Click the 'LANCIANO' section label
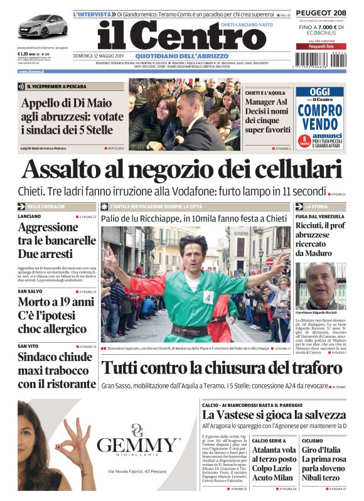(x=30, y=216)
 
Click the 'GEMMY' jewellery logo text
(x=139, y=446)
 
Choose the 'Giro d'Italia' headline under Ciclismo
(x=322, y=450)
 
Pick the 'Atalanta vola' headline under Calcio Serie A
(x=274, y=450)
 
